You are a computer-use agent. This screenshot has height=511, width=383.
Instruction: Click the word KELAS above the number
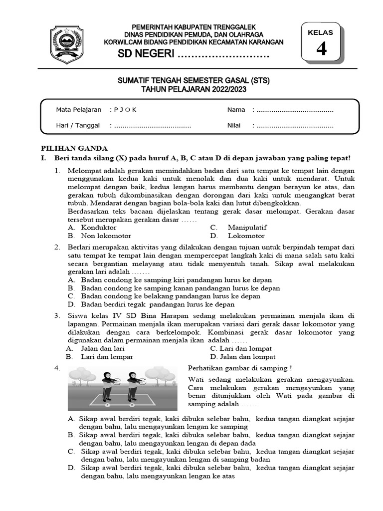[x=321, y=32]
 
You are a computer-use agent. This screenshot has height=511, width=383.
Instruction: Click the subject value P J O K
[x=126, y=110]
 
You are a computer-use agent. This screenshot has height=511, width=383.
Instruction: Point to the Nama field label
[x=236, y=110]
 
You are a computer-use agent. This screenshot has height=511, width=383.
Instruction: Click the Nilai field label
[x=234, y=126]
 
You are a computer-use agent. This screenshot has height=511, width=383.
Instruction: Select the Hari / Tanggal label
[x=78, y=126]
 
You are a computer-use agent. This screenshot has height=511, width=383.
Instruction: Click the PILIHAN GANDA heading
[x=73, y=148]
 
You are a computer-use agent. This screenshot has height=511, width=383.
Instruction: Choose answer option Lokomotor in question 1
[x=246, y=236]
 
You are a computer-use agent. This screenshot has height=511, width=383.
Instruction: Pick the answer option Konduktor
[x=99, y=228]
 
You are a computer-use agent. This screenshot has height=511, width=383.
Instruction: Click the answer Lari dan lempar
[x=107, y=357]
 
